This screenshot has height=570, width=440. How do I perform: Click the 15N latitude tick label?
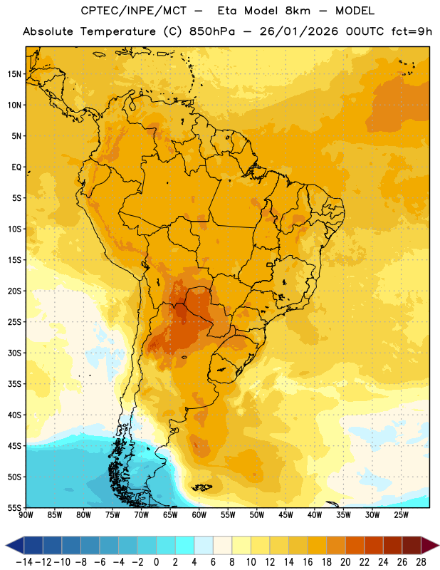point(14,74)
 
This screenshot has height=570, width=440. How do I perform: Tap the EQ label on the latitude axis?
point(16,167)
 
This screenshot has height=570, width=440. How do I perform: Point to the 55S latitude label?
point(14,507)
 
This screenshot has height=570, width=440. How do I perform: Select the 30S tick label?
point(14,353)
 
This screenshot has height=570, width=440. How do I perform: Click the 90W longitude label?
point(26,515)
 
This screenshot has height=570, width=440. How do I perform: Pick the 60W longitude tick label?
point(199,515)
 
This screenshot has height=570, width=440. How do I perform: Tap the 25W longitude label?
point(401,515)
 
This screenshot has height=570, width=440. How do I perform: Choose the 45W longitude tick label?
point(286,515)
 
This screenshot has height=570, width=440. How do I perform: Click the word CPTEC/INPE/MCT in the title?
point(134,11)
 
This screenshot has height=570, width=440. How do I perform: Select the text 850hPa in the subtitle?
point(212,31)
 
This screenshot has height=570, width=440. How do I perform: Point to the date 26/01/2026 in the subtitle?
point(298,31)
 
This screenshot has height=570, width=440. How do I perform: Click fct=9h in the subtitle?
point(412,31)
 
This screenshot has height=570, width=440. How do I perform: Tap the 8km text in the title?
point(298,11)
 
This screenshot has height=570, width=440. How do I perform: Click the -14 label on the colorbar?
point(24,562)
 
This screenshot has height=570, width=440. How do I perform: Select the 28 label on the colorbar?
point(421,562)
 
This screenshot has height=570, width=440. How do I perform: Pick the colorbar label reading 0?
point(156,562)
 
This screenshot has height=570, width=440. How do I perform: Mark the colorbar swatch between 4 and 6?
point(204,545)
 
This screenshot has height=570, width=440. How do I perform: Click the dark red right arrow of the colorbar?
point(429,545)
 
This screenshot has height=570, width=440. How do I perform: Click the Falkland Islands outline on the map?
point(201,487)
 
